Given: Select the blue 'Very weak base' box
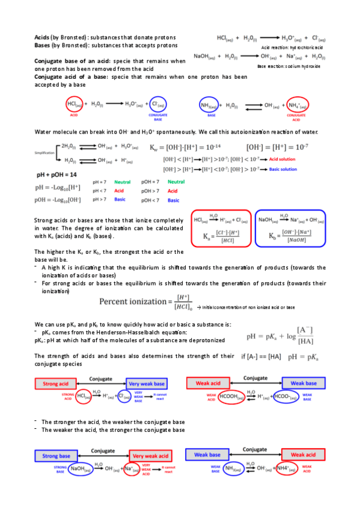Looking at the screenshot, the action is click(x=150, y=382).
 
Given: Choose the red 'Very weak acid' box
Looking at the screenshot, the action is click(x=150, y=456).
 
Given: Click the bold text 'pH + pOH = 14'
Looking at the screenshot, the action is click(x=56, y=174).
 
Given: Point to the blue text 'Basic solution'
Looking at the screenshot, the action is click(x=282, y=169).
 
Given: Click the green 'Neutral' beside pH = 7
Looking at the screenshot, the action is click(x=123, y=181).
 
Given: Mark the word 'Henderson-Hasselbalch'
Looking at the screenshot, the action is click(x=131, y=333).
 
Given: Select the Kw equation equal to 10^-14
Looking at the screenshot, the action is click(x=193, y=147).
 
